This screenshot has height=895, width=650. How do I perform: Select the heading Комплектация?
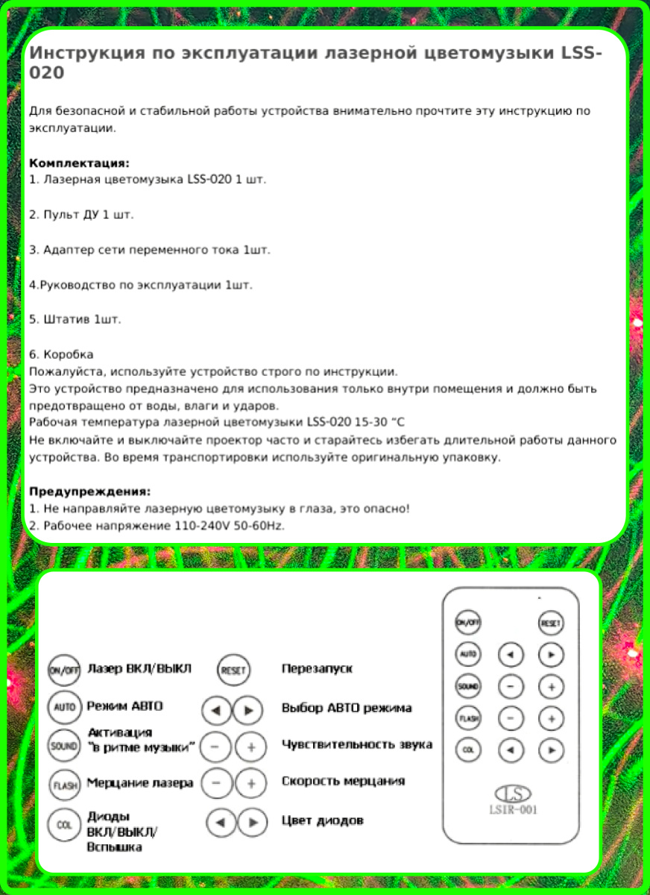pyautogui.click(x=80, y=163)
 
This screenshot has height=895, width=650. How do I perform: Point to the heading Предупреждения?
pyautogui.click(x=90, y=492)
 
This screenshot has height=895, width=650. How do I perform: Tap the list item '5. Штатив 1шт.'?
pyautogui.click(x=75, y=318)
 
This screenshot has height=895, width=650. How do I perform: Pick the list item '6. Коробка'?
pyautogui.click(x=61, y=354)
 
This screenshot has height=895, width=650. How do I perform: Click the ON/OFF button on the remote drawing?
pyautogui.click(x=468, y=622)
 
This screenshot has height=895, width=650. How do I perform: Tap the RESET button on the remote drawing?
pyautogui.click(x=551, y=622)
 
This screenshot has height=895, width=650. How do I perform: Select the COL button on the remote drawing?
pyautogui.click(x=468, y=750)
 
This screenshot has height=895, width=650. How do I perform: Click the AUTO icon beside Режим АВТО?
pyautogui.click(x=64, y=706)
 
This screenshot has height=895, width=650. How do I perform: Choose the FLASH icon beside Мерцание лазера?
pyautogui.click(x=64, y=785)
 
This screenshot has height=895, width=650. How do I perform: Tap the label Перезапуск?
pyautogui.click(x=317, y=668)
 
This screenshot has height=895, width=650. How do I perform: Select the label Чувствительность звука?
pyautogui.click(x=356, y=744)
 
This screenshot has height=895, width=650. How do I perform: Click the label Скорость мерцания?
pyautogui.click(x=343, y=781)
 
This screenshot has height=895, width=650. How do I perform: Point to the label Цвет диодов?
pyautogui.click(x=322, y=820)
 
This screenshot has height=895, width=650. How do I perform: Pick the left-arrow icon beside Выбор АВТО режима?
pyautogui.click(x=217, y=709)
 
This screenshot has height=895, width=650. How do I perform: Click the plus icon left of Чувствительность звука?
pyautogui.click(x=252, y=747)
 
